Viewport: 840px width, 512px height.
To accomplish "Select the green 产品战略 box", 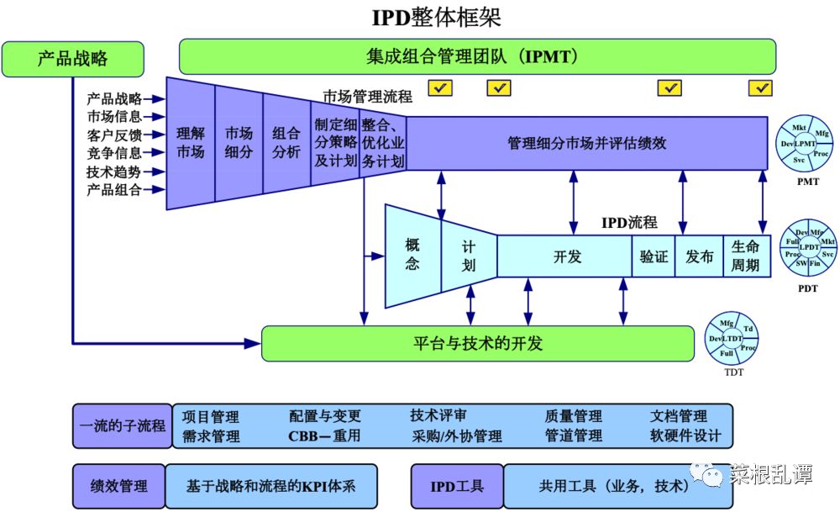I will [x=72, y=58].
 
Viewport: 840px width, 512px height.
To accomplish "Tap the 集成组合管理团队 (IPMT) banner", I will [x=475, y=57].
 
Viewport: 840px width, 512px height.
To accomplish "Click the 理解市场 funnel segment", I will [x=191, y=143].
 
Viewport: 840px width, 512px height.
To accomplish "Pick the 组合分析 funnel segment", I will [x=286, y=143].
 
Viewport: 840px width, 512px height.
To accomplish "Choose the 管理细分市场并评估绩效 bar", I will [x=586, y=143].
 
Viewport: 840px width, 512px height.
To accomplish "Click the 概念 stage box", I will [x=412, y=254].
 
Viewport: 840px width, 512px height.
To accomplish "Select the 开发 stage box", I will [x=567, y=256].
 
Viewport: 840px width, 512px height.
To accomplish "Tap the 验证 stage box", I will [x=654, y=256].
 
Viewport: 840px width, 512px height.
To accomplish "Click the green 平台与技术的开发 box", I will [x=478, y=343].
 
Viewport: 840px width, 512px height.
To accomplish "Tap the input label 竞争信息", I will [x=114, y=153].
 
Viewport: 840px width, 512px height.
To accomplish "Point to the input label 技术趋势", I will [x=114, y=172].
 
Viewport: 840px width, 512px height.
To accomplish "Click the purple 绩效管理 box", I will [x=118, y=486].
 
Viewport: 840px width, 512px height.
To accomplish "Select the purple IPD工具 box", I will [x=457, y=486].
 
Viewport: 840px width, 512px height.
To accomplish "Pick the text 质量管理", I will [x=573, y=416].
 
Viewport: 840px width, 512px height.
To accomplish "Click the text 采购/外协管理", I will [x=456, y=436].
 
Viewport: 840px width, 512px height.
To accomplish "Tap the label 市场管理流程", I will [x=368, y=97].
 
